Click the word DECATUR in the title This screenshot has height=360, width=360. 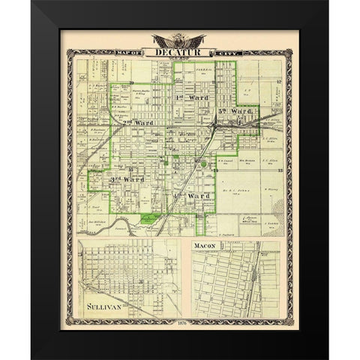(175, 52)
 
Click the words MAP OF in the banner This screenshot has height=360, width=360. (140, 52)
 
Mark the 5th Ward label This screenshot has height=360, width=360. (232, 112)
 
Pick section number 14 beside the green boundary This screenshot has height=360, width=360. (216, 172)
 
